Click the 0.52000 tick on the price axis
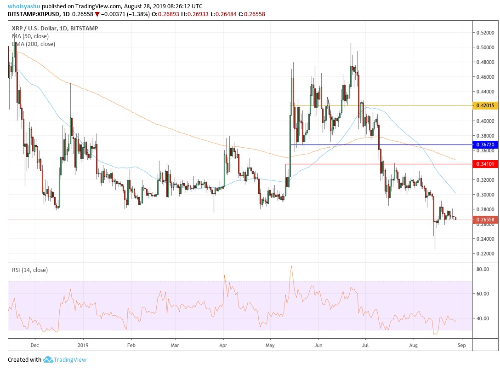485,33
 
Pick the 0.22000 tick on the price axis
485,254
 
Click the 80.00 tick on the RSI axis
483,269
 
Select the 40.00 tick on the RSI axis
483,318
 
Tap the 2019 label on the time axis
83,344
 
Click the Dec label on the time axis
34,344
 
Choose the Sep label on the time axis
462,344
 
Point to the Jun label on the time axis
318,344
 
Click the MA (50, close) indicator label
30,36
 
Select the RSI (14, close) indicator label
30,270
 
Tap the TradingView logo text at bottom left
70,360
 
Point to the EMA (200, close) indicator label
33,44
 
